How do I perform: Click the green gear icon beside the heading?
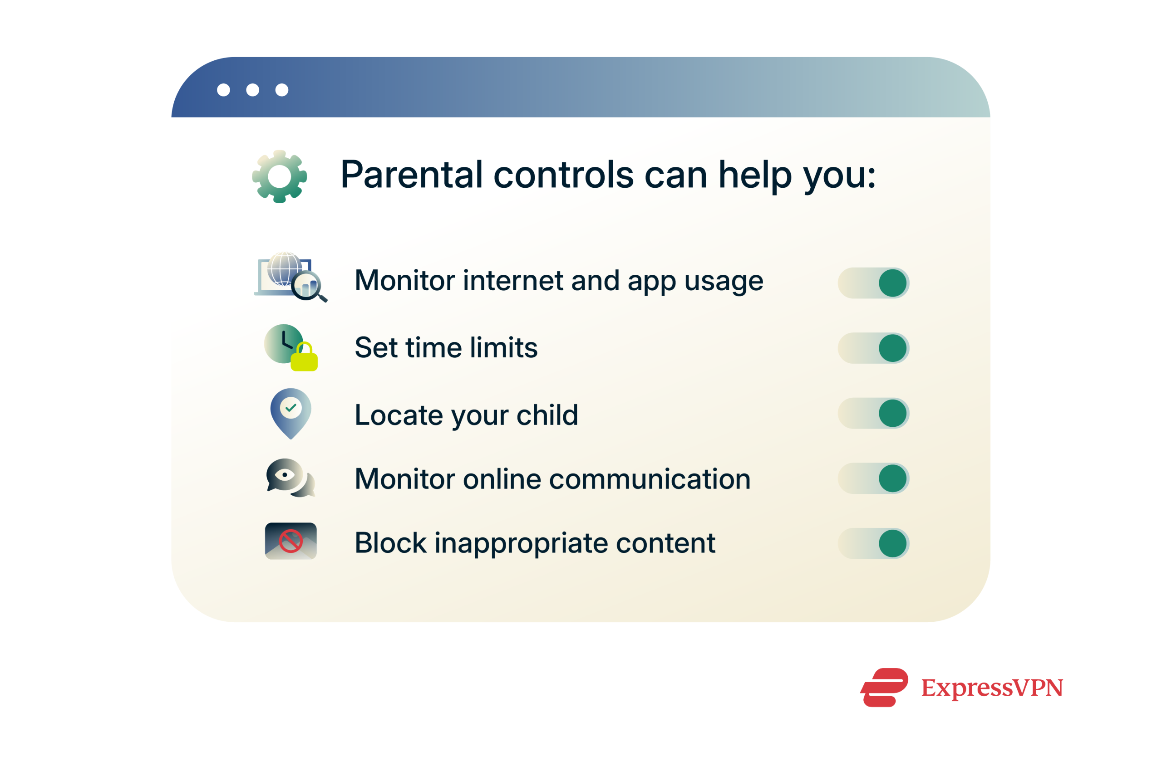tap(279, 176)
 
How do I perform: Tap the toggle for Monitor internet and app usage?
tap(873, 283)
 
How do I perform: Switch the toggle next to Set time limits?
tap(873, 348)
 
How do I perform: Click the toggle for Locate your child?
tap(873, 413)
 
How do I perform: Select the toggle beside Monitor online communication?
tap(873, 478)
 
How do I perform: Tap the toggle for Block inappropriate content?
tap(873, 543)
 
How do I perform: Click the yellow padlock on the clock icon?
tap(304, 359)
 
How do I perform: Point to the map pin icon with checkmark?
tap(290, 412)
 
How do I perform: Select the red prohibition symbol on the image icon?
tap(290, 541)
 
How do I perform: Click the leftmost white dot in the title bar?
tap(224, 90)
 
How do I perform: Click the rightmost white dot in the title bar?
tap(282, 90)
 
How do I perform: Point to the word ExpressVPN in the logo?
tap(992, 688)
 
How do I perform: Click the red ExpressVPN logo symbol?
tap(884, 688)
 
